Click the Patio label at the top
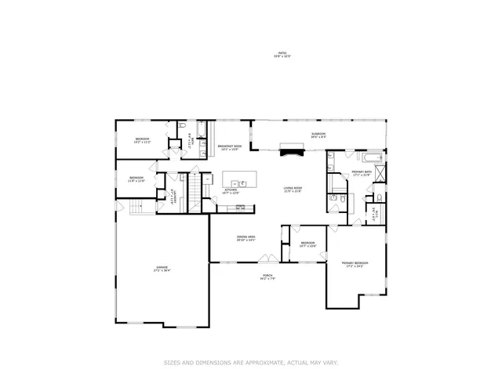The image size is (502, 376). [x=282, y=54]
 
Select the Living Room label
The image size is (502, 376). [x=293, y=189]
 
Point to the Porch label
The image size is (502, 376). [x=267, y=276]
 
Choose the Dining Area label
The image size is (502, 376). [x=246, y=237]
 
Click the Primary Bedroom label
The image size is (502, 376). [x=355, y=263]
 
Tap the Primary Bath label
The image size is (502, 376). [x=361, y=172]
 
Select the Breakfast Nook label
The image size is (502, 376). [x=228, y=146]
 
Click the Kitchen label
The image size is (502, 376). [x=231, y=190]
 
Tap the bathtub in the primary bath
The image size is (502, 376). [x=367, y=154]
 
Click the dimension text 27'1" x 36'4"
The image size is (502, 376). [x=162, y=271]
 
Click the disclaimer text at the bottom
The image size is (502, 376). [x=250, y=362]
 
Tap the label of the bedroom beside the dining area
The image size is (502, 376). [x=308, y=244]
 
